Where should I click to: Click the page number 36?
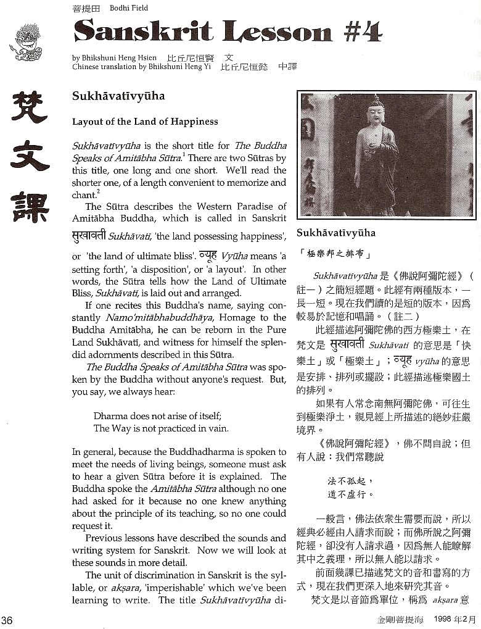click(7, 619)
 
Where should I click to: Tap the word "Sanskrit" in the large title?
click(144, 30)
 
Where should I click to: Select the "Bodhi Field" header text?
click(129, 8)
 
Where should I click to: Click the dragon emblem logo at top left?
click(27, 41)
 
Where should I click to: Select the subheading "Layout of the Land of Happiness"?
click(145, 122)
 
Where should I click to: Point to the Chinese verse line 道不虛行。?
click(351, 494)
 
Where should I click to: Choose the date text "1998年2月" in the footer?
click(454, 619)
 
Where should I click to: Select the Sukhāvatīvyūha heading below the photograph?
click(335, 233)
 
